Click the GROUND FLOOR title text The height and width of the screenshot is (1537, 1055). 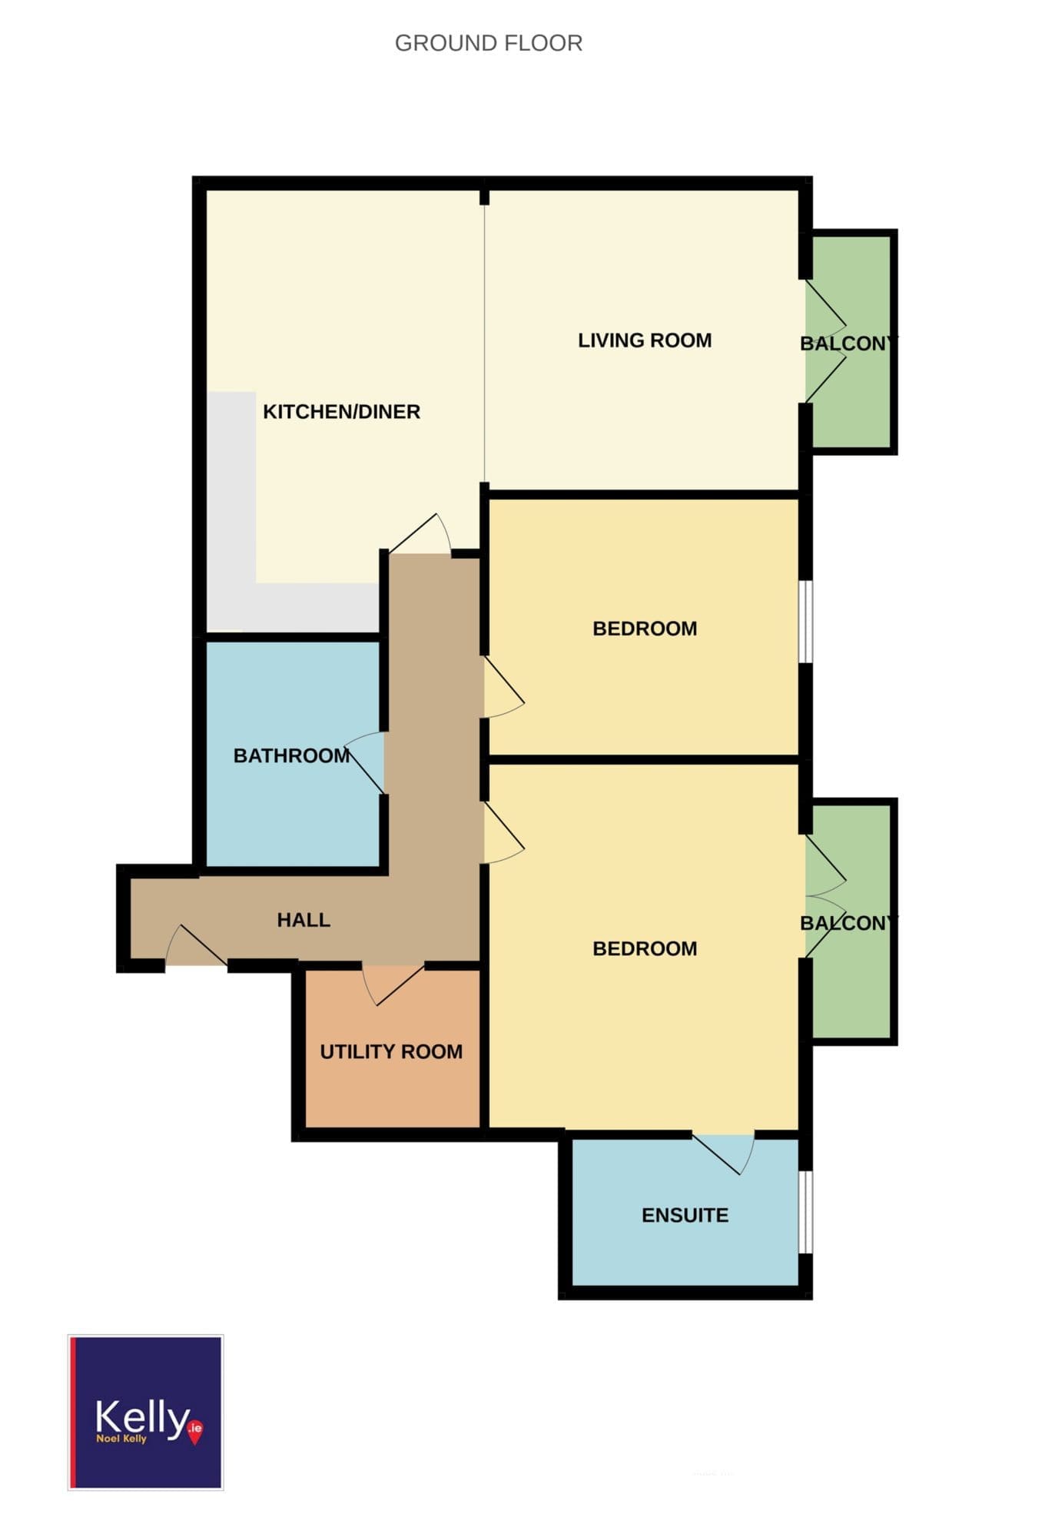489,43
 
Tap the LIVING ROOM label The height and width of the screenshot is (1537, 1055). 645,340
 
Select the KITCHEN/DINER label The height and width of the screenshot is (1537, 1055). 342,412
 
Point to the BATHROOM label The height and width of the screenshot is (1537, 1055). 292,756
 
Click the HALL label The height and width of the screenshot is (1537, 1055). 304,920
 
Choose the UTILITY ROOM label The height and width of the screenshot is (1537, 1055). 391,1052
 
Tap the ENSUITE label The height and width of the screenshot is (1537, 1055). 685,1215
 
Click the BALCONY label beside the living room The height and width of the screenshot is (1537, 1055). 848,344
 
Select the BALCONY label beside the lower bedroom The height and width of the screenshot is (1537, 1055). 848,923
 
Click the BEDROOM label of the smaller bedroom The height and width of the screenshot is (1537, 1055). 645,629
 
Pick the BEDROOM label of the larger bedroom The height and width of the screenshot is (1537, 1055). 645,948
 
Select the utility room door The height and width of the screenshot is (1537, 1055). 393,984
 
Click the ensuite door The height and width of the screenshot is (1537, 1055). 724,1153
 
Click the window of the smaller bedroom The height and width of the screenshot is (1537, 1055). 805,621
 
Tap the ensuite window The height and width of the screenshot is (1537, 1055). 805,1212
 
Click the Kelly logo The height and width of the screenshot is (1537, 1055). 146,1413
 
